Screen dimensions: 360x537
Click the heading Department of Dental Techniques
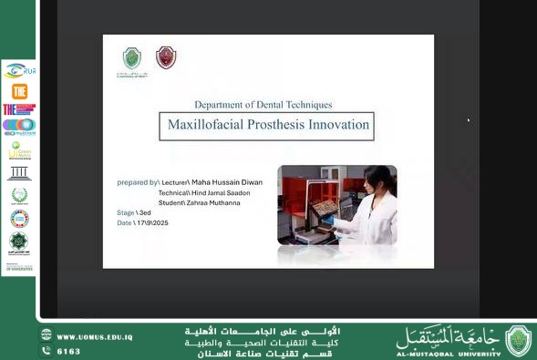[263, 105]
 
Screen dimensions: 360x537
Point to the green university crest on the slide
[133, 58]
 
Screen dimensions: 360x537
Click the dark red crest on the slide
[166, 57]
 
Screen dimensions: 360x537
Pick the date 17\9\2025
[151, 222]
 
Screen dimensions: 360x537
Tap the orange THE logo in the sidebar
[19, 90]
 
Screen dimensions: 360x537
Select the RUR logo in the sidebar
[19, 70]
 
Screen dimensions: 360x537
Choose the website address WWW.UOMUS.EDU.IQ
[95, 336]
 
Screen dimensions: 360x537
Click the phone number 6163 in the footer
[68, 351]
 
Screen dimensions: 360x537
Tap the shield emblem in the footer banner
[518, 341]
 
